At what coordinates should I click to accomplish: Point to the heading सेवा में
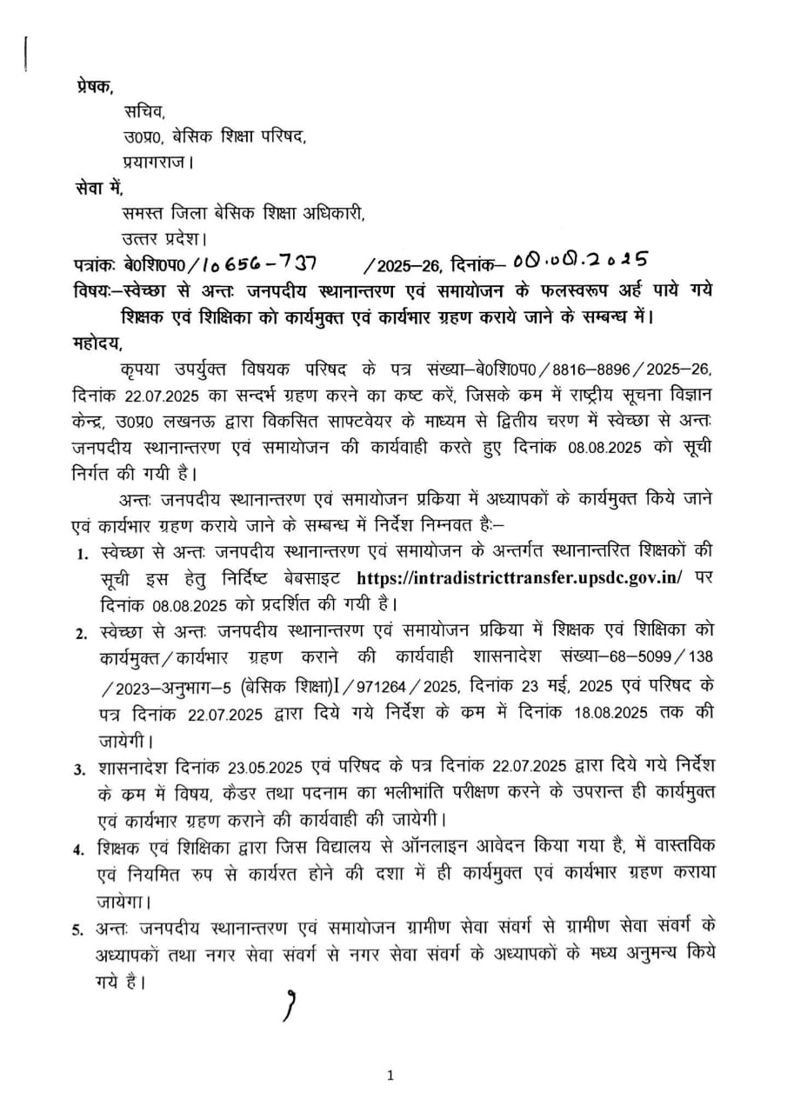[x=98, y=186]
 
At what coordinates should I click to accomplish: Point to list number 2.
[x=79, y=635]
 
